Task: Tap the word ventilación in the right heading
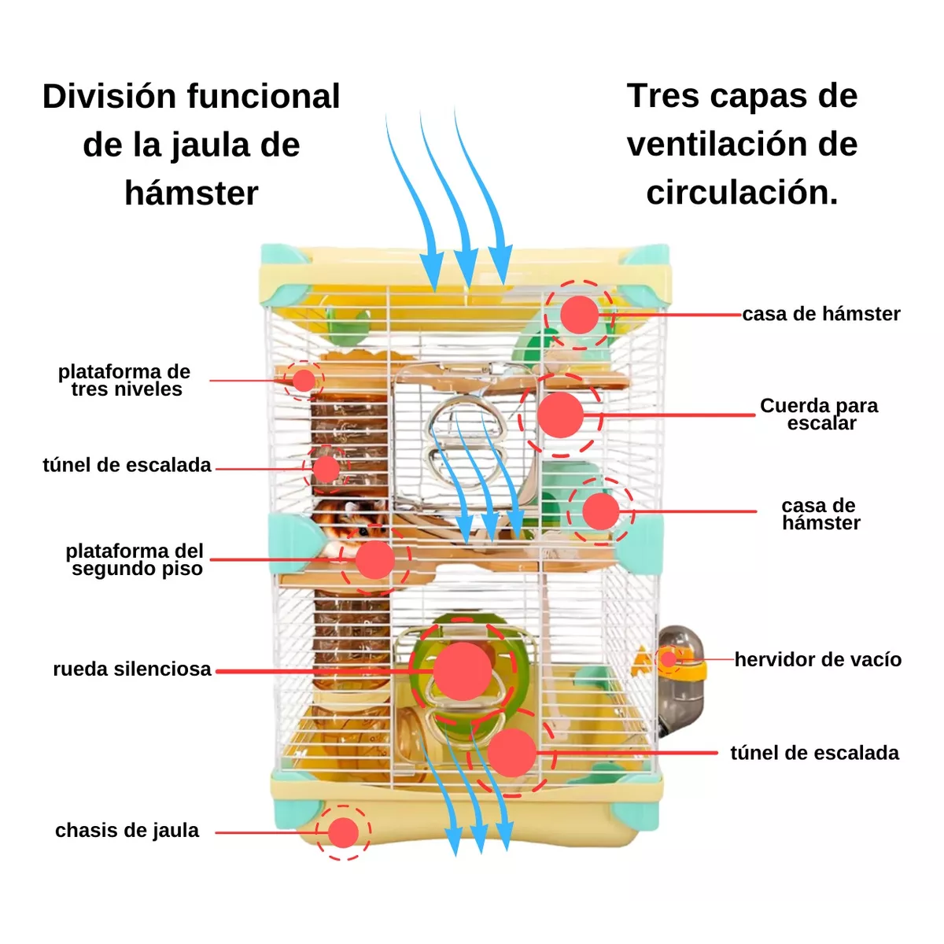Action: tap(742, 145)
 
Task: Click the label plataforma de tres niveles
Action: tap(125, 381)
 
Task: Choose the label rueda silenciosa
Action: tap(132, 669)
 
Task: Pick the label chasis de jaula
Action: tap(127, 831)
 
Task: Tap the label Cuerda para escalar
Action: tap(820, 415)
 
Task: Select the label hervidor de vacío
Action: tap(818, 660)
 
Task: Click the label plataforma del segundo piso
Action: tap(135, 560)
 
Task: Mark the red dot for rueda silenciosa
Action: tap(463, 671)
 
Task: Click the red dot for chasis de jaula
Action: tap(343, 832)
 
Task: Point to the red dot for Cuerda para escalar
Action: tap(561, 415)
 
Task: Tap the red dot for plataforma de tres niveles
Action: tap(304, 381)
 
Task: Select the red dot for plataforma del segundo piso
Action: tap(374, 560)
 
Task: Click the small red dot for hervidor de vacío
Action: tap(669, 659)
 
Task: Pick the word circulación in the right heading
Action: tap(742, 193)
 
